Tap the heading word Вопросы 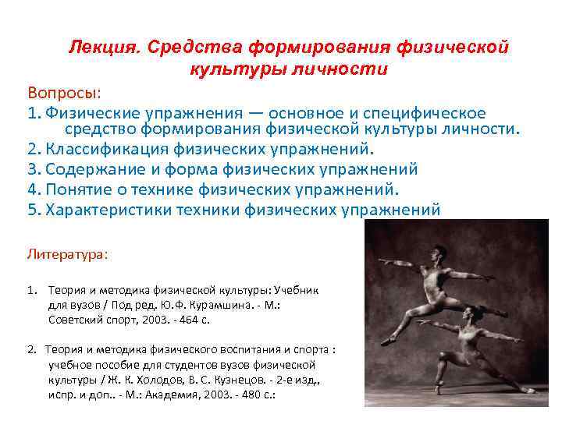click(63, 94)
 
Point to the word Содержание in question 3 click(92, 169)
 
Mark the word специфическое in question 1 click(431, 114)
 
